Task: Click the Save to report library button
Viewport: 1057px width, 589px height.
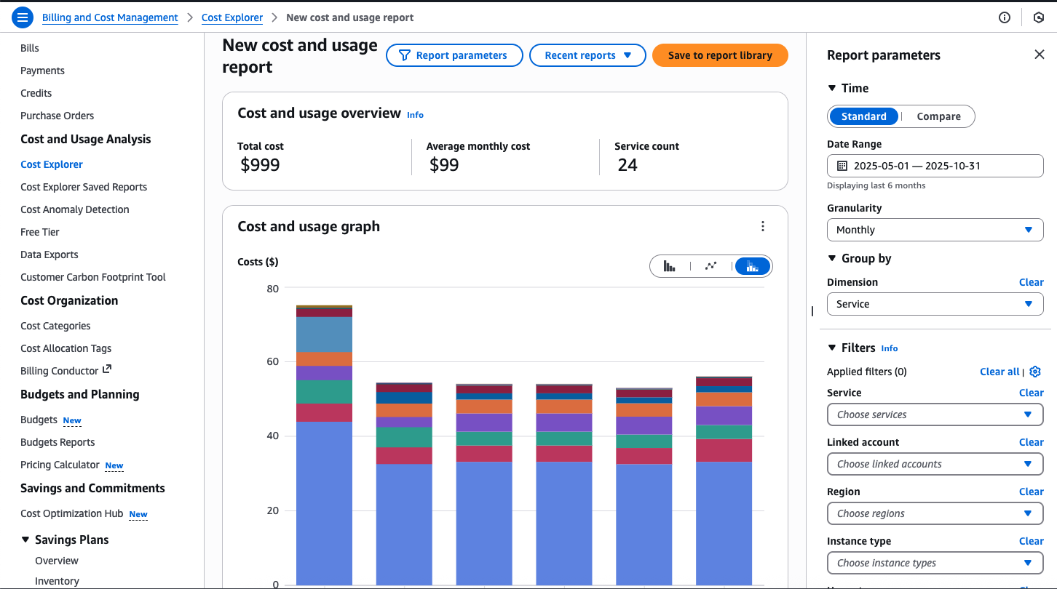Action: pyautogui.click(x=719, y=55)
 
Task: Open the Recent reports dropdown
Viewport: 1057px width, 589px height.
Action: pyautogui.click(x=587, y=55)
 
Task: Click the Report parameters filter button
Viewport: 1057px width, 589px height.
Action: pyautogui.click(x=454, y=55)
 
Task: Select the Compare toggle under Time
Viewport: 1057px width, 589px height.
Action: pyautogui.click(x=938, y=116)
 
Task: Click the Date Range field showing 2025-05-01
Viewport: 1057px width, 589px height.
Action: pyautogui.click(x=935, y=166)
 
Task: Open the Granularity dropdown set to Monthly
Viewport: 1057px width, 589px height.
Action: pyautogui.click(x=935, y=230)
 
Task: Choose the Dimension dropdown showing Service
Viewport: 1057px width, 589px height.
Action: pyautogui.click(x=935, y=304)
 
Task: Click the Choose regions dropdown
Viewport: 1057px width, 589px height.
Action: pyautogui.click(x=935, y=513)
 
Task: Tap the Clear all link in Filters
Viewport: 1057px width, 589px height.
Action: pyautogui.click(x=999, y=372)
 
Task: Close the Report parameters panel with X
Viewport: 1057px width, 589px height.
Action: pyautogui.click(x=1039, y=55)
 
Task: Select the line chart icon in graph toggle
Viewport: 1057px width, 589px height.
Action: pyautogui.click(x=710, y=266)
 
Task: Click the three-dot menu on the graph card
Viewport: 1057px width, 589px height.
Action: pyautogui.click(x=762, y=226)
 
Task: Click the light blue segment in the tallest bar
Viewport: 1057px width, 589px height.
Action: pyautogui.click(x=324, y=334)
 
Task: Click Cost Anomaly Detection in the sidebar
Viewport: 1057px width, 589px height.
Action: pyautogui.click(x=75, y=209)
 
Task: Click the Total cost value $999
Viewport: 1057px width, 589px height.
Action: pyautogui.click(x=260, y=165)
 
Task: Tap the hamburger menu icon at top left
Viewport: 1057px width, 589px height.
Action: pyautogui.click(x=23, y=17)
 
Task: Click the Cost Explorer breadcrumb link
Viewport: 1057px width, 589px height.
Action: pyautogui.click(x=231, y=17)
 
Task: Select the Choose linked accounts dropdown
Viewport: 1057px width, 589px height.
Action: pyautogui.click(x=935, y=464)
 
